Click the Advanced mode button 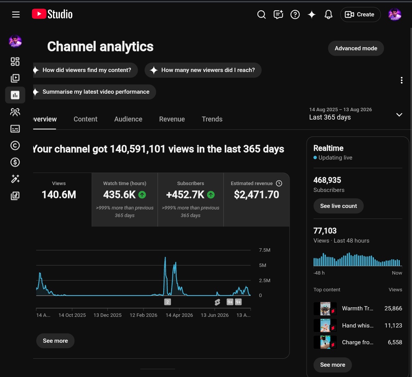(356, 48)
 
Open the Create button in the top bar (360, 14)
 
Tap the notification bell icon (328, 14)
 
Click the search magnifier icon (261, 14)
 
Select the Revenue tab (172, 119)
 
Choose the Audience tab (128, 119)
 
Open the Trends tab (212, 119)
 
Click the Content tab (85, 119)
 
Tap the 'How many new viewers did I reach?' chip (203, 70)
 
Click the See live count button (338, 206)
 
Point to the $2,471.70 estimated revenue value (256, 195)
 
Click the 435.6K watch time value (119, 195)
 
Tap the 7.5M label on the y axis (265, 250)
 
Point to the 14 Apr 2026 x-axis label (179, 315)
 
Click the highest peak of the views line (165, 257)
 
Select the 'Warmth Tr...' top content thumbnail (325, 308)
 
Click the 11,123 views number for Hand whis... (393, 326)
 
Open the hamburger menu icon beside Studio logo (16, 14)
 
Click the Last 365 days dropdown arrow (399, 115)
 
